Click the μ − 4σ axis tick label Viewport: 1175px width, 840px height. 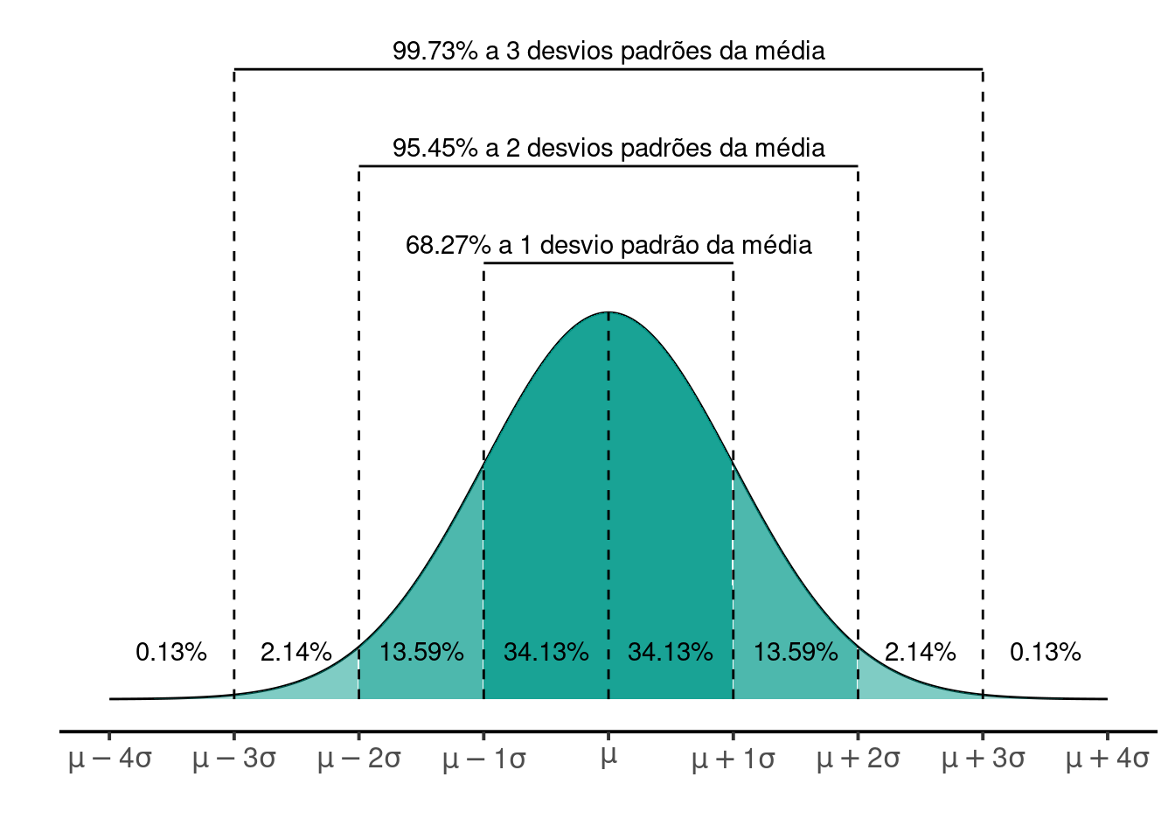[109, 759]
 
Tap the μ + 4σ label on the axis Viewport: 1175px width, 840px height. [1107, 759]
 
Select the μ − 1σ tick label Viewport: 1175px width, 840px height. [483, 759]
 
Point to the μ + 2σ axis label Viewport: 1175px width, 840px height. [858, 759]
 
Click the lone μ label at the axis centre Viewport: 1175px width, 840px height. [608, 757]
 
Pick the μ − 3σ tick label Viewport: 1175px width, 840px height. [234, 759]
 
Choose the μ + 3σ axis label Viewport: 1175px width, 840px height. [983, 759]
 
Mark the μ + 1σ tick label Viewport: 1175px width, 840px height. [733, 759]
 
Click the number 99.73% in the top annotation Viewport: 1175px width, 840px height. [435, 51]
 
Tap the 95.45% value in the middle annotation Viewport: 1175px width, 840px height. [435, 148]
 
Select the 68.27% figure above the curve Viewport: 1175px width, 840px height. [448, 245]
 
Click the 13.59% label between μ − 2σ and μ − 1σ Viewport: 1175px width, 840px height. [421, 652]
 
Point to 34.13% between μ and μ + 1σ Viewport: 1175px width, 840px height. [671, 652]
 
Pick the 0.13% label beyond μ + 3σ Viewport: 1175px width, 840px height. [1045, 652]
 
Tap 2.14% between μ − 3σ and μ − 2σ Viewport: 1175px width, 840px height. [296, 652]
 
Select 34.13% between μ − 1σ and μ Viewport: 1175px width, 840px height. [546, 652]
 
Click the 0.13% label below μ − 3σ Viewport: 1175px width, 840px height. [171, 652]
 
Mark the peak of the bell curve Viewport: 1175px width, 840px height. [608, 312]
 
